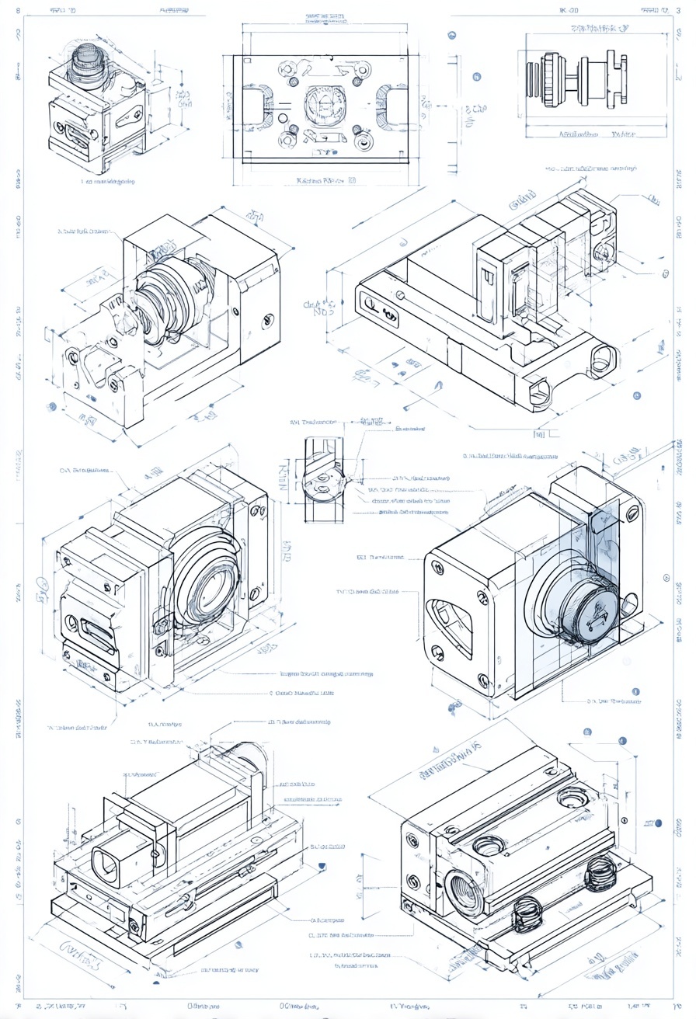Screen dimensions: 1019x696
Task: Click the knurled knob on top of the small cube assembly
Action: click(87, 61)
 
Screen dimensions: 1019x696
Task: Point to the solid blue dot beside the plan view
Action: click(476, 77)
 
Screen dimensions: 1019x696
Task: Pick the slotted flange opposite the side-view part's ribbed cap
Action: click(618, 78)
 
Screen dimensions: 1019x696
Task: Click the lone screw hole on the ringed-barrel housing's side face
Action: click(269, 318)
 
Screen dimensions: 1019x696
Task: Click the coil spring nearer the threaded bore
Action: click(527, 913)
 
